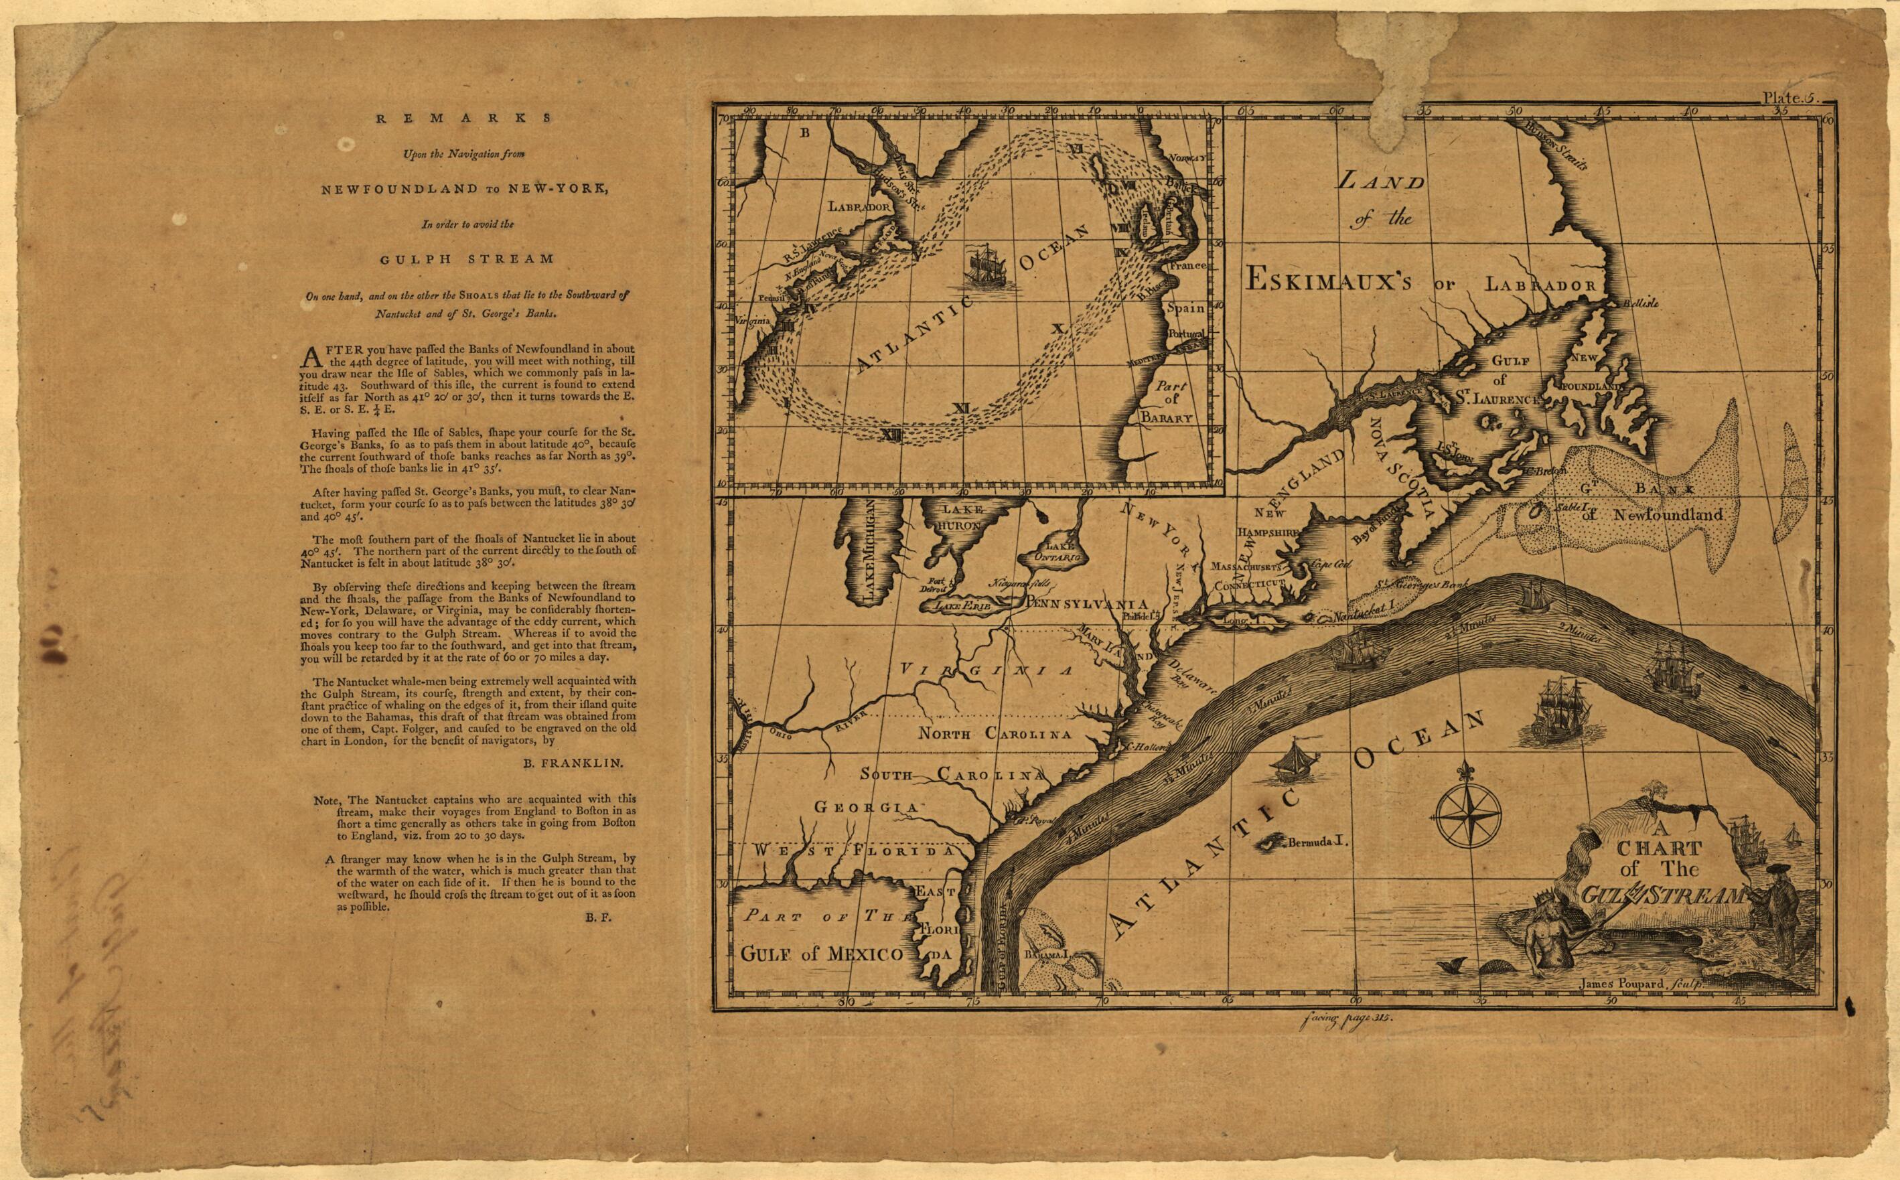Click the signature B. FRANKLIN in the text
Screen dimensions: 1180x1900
coord(573,765)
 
